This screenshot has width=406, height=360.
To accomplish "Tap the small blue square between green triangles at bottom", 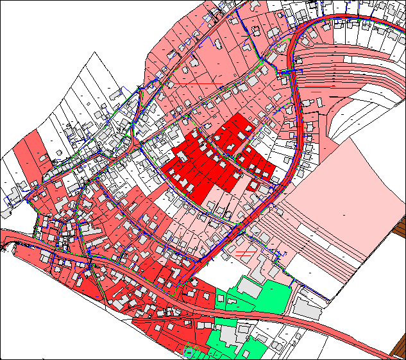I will pyautogui.click(x=189, y=352).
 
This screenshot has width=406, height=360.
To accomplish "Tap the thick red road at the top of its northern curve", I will pyautogui.click(x=334, y=17).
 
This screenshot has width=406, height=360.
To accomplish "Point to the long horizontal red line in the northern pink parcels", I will pyautogui.click(x=199, y=84).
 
